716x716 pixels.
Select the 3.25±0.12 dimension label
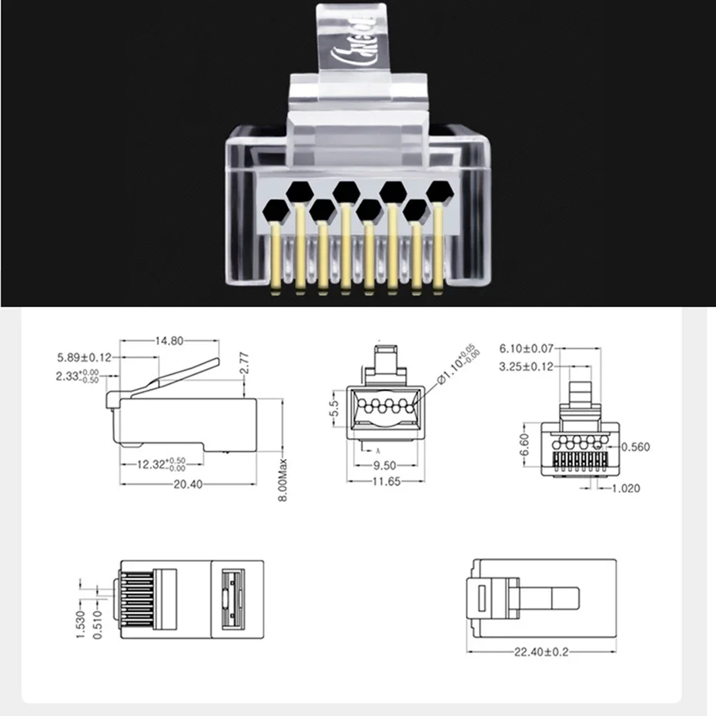[527, 366]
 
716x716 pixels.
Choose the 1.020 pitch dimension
[625, 488]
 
